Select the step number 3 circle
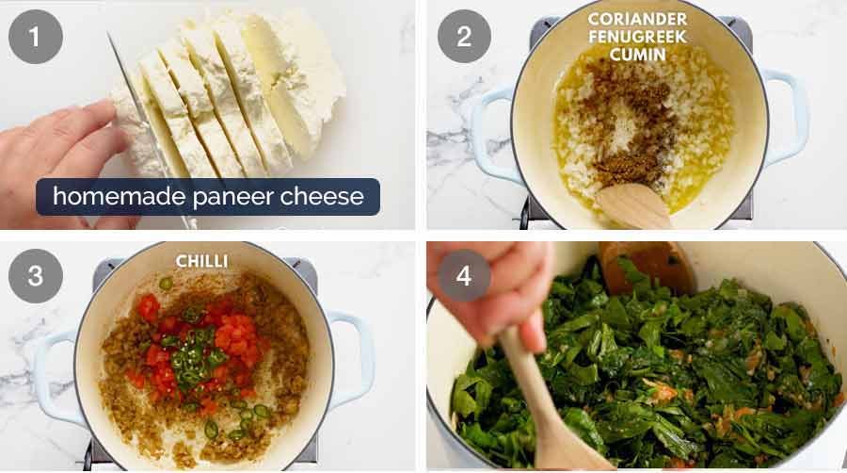36,275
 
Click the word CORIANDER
636,20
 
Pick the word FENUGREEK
636,38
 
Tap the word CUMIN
636,56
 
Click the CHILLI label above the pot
202,260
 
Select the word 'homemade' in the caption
102,197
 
